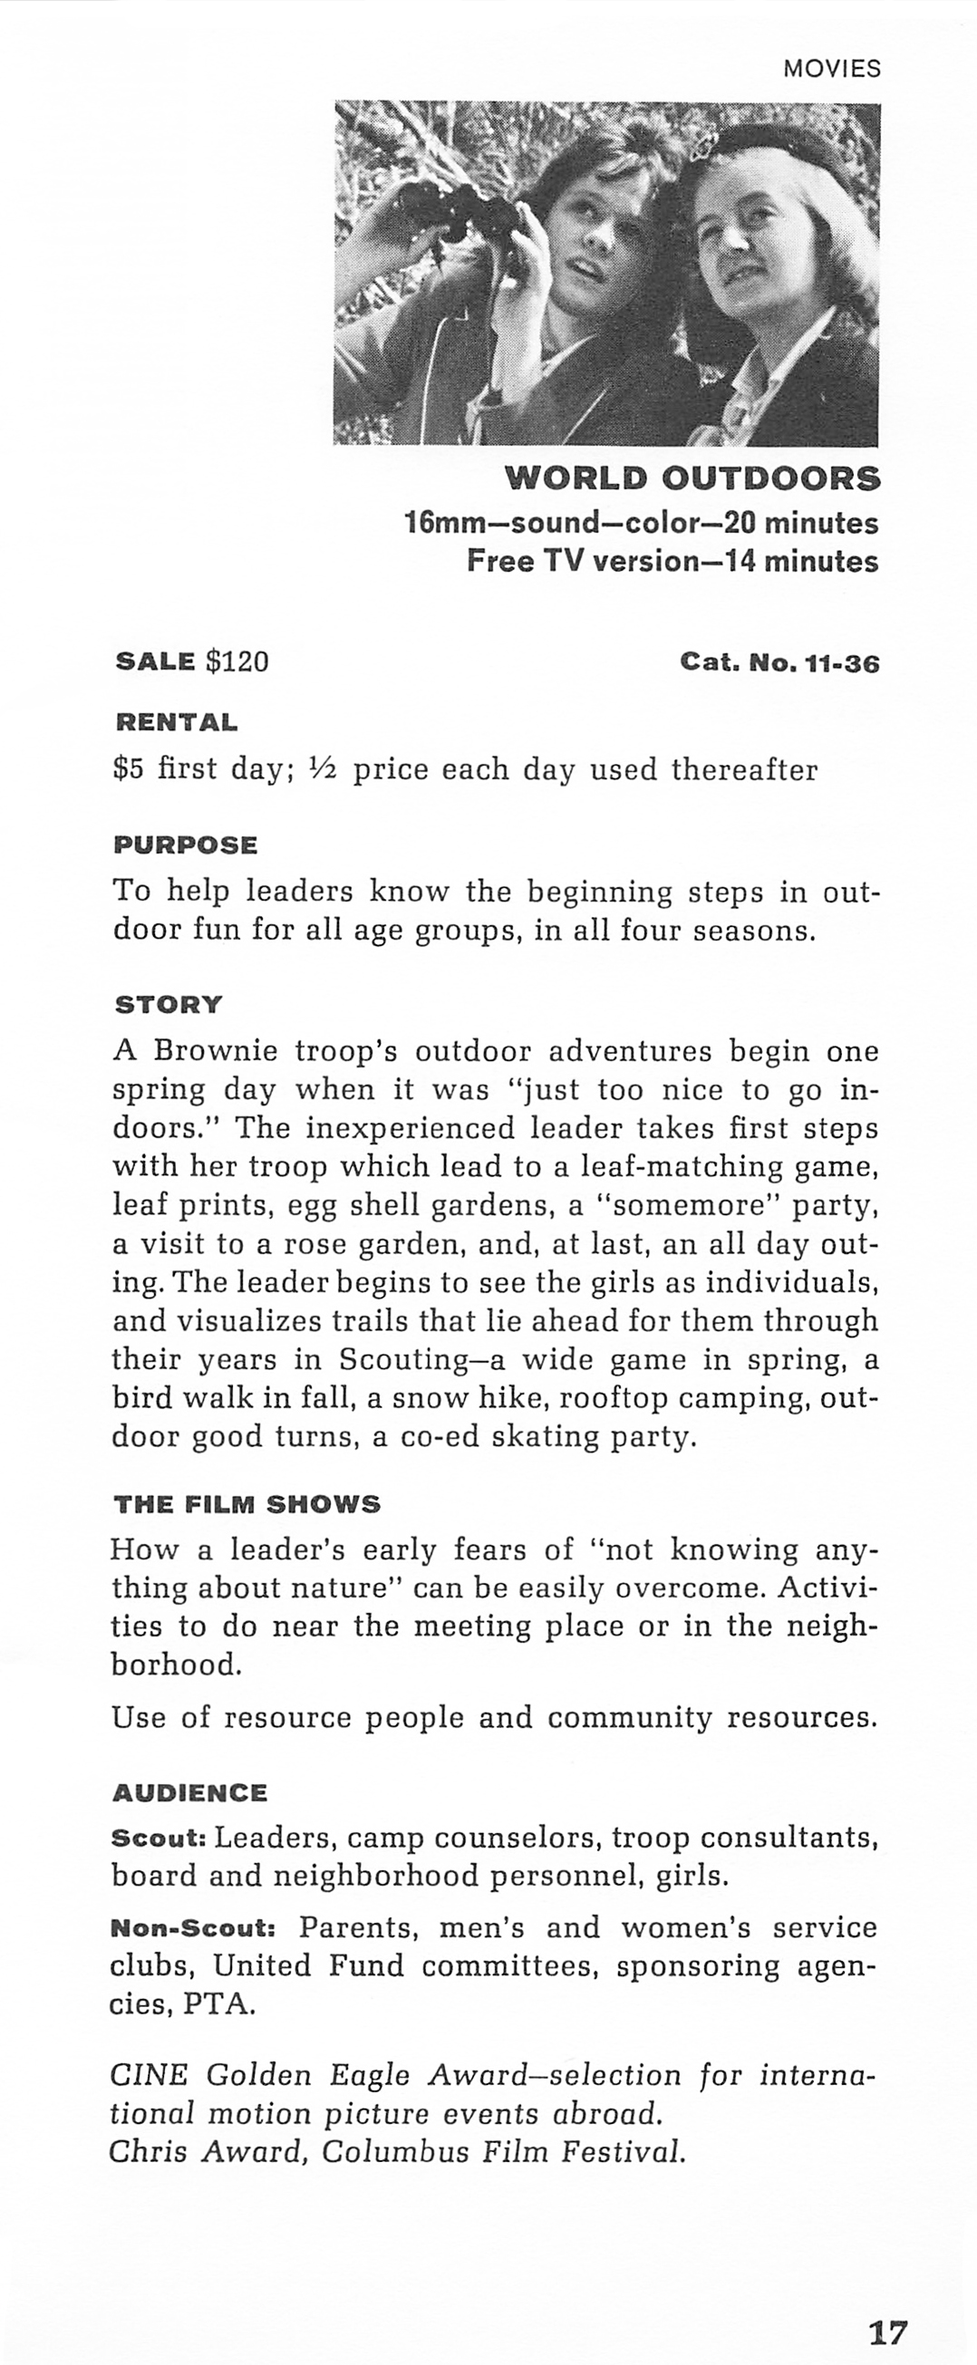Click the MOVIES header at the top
click(x=831, y=69)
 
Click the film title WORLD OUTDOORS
click(x=692, y=478)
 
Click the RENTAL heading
click(x=176, y=721)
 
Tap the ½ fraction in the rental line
click(x=323, y=768)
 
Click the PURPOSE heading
click(x=186, y=845)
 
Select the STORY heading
click(x=168, y=1004)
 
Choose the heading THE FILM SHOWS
click(x=247, y=1504)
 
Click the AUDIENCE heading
click(x=189, y=1792)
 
